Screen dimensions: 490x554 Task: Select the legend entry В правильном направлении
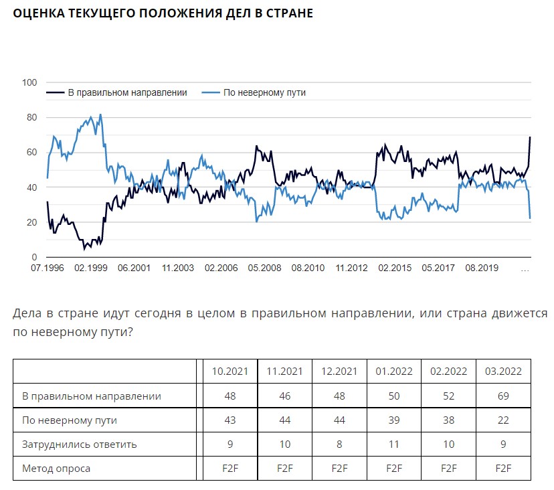tap(127, 92)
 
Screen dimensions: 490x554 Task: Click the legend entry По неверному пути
tap(264, 92)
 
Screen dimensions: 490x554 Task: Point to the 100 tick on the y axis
tap(29, 83)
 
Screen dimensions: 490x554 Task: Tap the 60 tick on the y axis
tap(31, 153)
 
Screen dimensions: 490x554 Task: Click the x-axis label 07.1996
tap(47, 268)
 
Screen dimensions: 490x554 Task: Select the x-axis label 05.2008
tap(264, 268)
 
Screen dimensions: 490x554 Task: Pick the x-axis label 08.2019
tap(481, 268)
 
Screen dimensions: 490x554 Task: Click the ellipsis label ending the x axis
tap(525, 268)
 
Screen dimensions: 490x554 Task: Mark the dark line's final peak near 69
tap(530, 137)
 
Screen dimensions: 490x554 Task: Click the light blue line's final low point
tap(530, 218)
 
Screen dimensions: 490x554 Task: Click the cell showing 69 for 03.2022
tap(502, 396)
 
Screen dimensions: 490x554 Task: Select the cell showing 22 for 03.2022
tap(502, 420)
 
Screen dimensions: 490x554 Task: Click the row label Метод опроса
tap(56, 468)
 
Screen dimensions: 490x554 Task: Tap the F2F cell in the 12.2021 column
tap(339, 468)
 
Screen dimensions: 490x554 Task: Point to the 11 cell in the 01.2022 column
tap(394, 444)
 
